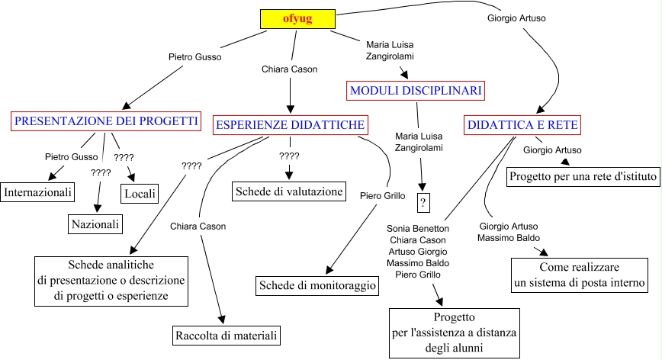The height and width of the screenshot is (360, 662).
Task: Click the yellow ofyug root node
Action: click(297, 18)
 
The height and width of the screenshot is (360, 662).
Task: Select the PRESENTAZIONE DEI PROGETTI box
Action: click(106, 121)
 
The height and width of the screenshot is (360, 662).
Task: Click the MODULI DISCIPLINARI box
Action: click(416, 91)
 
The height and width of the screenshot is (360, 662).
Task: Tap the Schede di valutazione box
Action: click(288, 190)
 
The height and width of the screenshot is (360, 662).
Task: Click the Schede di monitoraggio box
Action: click(318, 285)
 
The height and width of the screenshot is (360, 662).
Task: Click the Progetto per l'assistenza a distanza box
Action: click(455, 333)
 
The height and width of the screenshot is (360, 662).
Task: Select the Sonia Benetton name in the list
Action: click(417, 228)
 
